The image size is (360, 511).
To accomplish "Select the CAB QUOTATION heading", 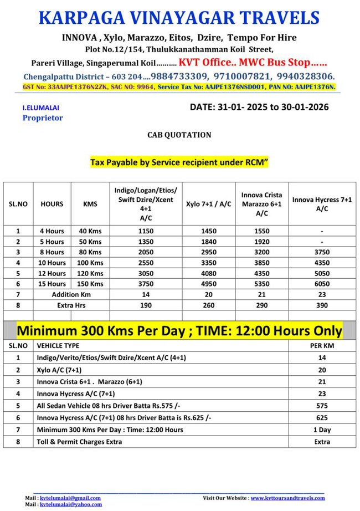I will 179,135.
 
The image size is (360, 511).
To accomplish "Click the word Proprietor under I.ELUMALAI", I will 43,117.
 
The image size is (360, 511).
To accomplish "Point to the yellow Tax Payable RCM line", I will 179,163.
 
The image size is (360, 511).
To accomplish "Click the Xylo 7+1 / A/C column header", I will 208,204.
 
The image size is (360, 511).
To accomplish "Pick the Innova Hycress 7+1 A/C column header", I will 322,204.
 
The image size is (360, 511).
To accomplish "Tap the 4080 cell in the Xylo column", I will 208,273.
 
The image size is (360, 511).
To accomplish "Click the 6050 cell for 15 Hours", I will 322,284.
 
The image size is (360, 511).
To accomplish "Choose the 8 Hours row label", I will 53,252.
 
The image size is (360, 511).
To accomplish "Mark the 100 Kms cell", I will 90,263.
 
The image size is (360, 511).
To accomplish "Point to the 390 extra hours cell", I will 322,305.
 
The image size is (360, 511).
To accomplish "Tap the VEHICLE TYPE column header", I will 58,345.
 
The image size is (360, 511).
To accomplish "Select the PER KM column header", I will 322,345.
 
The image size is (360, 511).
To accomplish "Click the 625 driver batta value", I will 322,418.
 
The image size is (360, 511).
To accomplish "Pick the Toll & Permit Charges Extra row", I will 79,442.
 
